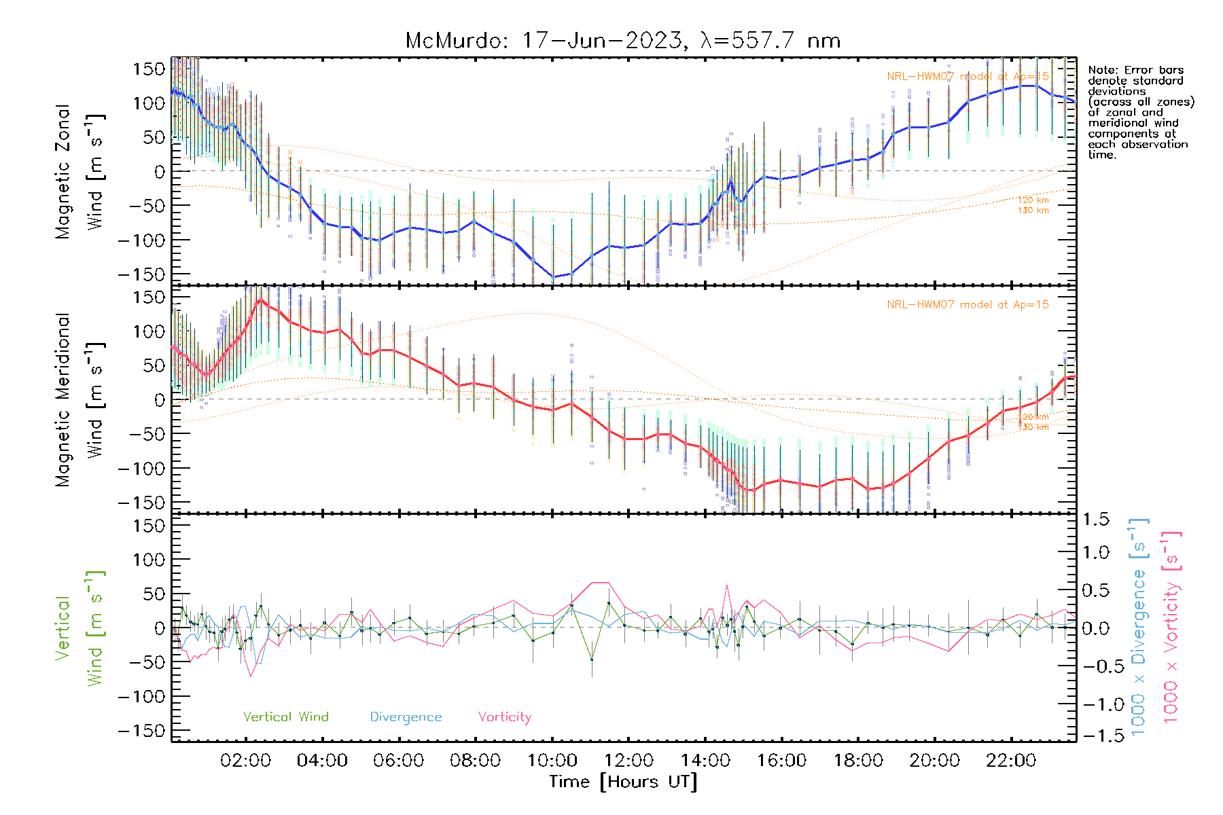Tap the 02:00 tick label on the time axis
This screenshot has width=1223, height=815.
point(245,761)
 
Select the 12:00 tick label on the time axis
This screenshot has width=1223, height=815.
point(628,761)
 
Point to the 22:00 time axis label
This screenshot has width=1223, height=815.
point(1011,761)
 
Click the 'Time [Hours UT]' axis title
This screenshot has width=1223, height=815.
point(623,782)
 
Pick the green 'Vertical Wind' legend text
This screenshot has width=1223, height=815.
point(285,717)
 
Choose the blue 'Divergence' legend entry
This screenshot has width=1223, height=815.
point(406,717)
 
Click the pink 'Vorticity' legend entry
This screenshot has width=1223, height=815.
point(504,717)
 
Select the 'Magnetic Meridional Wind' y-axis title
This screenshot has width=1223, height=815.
point(79,399)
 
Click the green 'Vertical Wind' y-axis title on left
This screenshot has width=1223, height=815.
point(79,628)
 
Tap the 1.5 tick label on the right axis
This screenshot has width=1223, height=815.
point(1095,520)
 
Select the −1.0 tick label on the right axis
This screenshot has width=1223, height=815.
point(1095,704)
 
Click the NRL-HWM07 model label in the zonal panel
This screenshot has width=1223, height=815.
point(968,77)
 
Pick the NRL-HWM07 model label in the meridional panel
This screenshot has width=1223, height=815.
point(968,305)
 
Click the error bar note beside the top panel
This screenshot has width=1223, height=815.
point(1140,112)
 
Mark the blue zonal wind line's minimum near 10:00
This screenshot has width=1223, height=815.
point(554,277)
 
